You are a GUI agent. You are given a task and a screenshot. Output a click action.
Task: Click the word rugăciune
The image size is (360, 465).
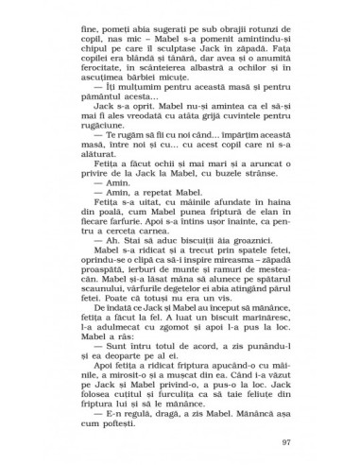[x=262, y=145]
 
